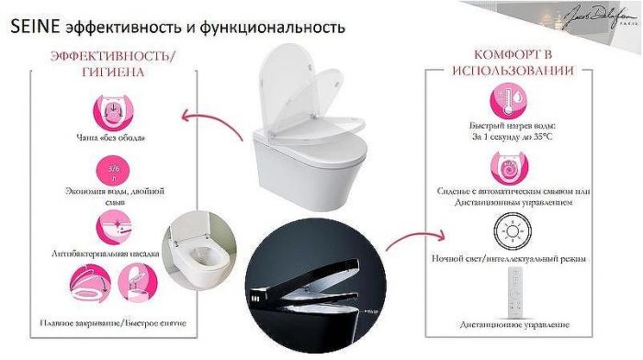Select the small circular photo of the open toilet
[x=195, y=259]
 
